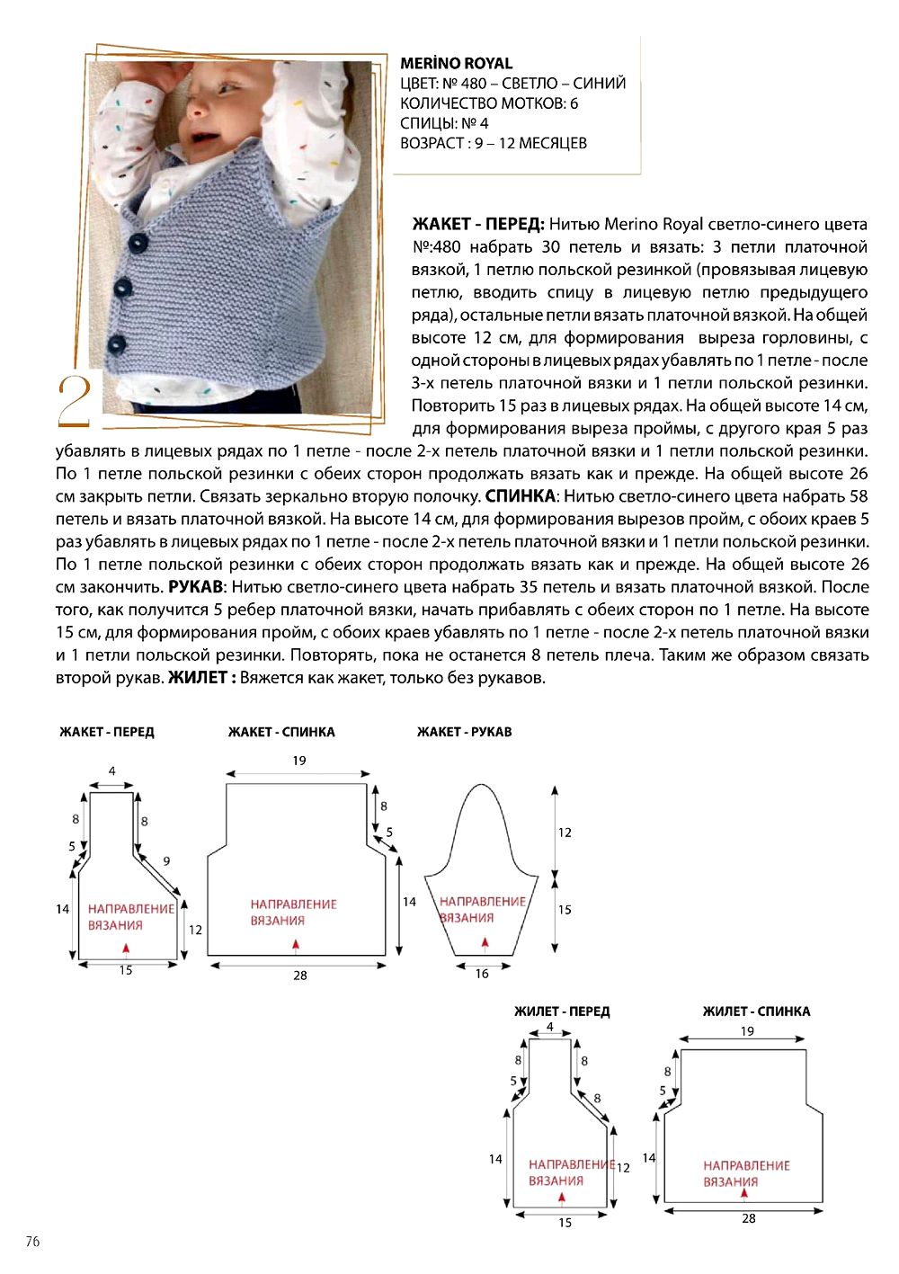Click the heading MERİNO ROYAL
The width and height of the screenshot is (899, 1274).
(456, 64)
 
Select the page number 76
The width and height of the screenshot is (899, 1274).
(32, 1242)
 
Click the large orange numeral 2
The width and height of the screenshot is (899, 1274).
(75, 401)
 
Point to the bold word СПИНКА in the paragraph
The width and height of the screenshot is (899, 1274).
(521, 496)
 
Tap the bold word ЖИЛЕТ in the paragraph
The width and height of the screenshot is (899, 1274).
(199, 678)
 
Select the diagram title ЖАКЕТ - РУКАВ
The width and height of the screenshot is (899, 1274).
(464, 732)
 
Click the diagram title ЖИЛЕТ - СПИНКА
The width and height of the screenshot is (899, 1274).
(756, 1011)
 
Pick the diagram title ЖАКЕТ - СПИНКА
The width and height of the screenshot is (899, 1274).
(281, 732)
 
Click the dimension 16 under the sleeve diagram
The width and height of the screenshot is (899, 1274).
(482, 974)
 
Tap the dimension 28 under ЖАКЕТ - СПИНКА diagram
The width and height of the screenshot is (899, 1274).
(300, 975)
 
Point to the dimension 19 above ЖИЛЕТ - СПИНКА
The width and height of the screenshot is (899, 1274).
(748, 1031)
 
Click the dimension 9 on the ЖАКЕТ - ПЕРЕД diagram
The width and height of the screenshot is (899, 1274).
(166, 861)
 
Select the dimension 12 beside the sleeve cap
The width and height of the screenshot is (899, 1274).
(565, 833)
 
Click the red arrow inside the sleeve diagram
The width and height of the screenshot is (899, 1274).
(485, 942)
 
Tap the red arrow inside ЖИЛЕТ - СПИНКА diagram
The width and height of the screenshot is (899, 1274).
(744, 1194)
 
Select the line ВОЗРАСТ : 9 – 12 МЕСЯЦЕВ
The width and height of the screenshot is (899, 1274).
(494, 143)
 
